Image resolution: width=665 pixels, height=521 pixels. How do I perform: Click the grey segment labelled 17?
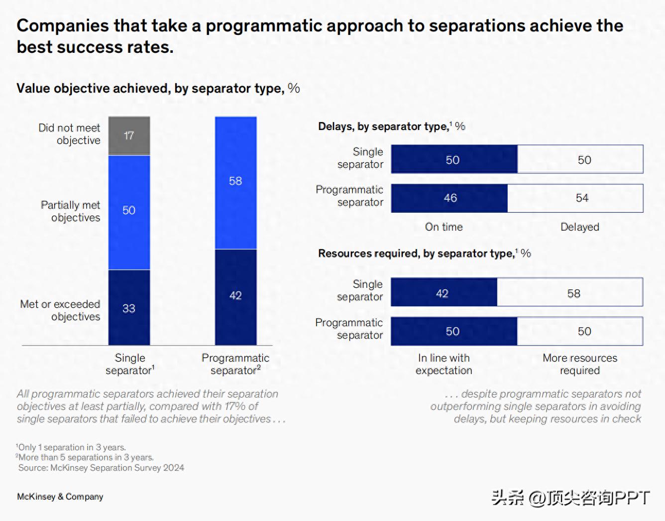point(129,135)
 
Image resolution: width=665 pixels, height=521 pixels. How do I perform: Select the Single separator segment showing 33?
point(129,307)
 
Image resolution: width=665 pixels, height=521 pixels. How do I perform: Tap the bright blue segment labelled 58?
point(235,182)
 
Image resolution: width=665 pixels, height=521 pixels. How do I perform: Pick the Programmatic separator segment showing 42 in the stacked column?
point(235,297)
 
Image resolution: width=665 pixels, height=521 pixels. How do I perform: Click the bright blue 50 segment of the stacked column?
point(129,212)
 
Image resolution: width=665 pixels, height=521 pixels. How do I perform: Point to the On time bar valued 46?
point(449,198)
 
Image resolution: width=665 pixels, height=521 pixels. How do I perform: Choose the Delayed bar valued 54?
point(575,198)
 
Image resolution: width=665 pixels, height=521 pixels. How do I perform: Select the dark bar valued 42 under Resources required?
point(444,292)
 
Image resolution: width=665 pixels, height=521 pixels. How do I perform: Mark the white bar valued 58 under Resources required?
point(570,292)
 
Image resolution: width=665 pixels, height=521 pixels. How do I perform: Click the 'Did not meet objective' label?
point(70,134)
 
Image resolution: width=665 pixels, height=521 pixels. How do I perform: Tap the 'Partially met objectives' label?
point(71,211)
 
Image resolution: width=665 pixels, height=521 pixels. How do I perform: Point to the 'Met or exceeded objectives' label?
point(60,310)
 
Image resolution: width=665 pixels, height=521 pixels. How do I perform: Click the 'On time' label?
point(443,227)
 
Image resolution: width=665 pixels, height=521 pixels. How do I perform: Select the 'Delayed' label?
point(579,227)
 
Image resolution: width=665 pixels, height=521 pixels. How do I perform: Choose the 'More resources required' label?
point(579,364)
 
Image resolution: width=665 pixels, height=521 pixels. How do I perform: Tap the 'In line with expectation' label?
point(443,364)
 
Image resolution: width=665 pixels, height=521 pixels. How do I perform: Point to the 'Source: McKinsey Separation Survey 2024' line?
point(101,468)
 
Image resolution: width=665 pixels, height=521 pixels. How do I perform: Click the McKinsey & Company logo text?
point(60,497)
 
